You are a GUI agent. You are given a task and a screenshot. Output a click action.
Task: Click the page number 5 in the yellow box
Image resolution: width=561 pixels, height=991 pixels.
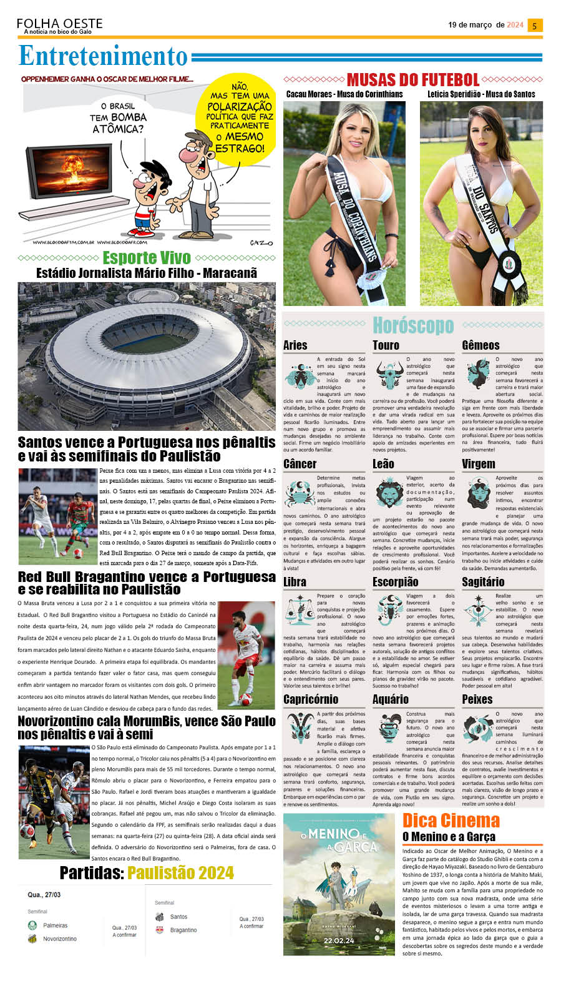pos(534,26)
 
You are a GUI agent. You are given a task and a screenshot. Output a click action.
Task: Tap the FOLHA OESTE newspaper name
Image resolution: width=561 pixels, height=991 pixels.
pos(60,23)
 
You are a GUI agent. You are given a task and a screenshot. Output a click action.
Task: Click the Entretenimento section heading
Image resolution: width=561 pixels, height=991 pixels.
pos(103,56)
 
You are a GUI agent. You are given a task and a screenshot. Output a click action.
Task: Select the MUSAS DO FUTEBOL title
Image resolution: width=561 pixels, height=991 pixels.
pos(412,80)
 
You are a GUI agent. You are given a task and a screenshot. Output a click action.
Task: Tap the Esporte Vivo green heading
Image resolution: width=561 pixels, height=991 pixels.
pos(138,257)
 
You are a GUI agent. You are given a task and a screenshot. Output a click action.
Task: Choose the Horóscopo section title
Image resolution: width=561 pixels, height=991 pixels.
pos(412,325)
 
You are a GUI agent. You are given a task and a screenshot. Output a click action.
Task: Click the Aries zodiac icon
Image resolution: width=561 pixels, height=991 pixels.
pos(299,375)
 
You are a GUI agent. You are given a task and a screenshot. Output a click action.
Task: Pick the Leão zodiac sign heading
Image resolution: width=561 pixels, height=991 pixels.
pos(383,463)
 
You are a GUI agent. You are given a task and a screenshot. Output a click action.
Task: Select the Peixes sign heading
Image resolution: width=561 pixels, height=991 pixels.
pos(477,699)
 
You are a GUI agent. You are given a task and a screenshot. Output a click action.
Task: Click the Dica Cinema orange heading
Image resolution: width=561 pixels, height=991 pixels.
pos(451,820)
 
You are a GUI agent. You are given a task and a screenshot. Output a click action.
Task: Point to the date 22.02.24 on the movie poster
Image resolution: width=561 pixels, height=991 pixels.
pos(339,940)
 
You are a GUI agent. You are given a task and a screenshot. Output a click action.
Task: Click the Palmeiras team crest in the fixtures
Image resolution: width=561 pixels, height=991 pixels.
pos(32,925)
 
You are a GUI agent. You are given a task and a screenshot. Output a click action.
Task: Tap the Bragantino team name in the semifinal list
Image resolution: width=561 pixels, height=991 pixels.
pos(183,930)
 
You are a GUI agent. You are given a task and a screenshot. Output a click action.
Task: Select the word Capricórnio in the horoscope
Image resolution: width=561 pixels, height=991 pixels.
pos(311,699)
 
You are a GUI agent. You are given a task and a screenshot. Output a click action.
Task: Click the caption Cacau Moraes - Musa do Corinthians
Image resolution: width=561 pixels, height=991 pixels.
pos(344,94)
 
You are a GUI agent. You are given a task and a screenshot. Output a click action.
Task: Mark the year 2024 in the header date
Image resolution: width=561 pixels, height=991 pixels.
pos(515,25)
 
